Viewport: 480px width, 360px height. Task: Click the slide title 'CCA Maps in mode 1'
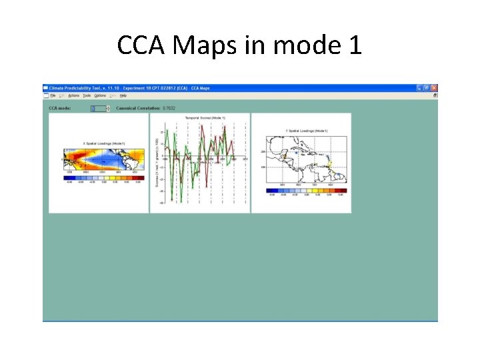point(239,45)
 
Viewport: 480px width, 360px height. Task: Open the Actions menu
point(73,95)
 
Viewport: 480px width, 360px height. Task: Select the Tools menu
point(87,95)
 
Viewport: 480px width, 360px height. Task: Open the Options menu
point(100,95)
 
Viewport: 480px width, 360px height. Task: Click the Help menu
point(123,95)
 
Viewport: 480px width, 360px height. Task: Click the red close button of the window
point(434,88)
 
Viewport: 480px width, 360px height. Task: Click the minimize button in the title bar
point(420,88)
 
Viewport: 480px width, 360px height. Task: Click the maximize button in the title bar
point(427,88)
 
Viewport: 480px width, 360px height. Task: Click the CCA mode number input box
point(97,107)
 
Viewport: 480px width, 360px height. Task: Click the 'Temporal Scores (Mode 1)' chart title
point(205,118)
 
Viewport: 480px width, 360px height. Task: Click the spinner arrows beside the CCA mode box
point(108,107)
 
